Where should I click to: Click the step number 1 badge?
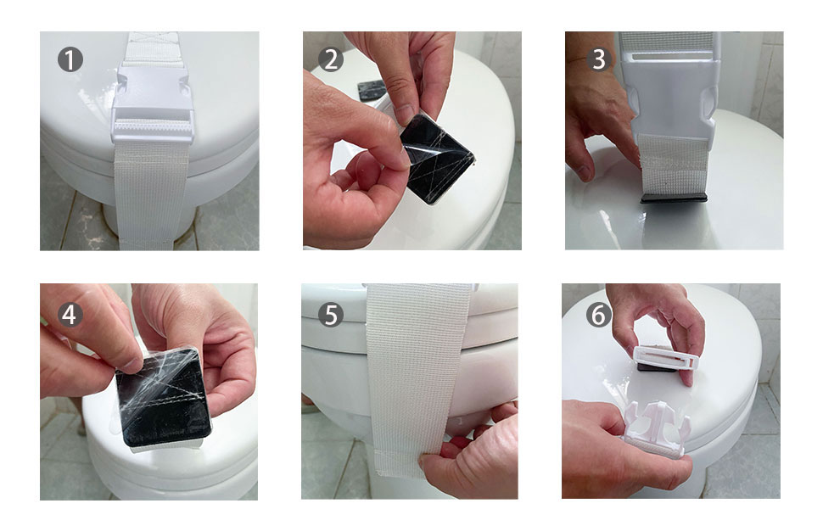[x=70, y=59]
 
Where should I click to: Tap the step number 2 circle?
[x=331, y=59]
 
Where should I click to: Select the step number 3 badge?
[x=599, y=59]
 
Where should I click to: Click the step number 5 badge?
[x=331, y=315]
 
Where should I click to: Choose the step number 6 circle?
[x=599, y=315]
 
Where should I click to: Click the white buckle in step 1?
[x=152, y=103]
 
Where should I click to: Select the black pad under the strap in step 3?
[x=674, y=198]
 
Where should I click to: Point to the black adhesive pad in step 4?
[x=164, y=400]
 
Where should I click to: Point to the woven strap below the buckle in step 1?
[x=151, y=194]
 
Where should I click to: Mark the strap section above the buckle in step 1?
[x=153, y=48]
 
